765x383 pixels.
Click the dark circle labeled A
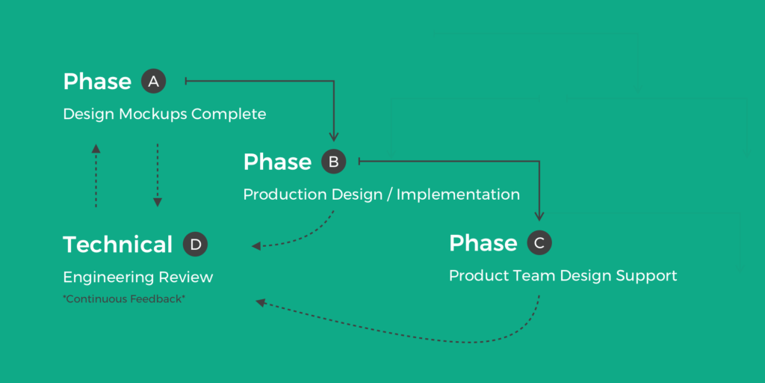coord(153,82)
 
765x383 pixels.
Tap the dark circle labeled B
coord(334,162)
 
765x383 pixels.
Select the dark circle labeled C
coord(539,242)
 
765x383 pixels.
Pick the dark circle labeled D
coord(195,244)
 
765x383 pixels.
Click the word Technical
coord(117,245)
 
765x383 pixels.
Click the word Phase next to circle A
coord(97,82)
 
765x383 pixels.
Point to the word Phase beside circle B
coord(277,162)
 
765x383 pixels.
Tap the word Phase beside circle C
coord(483,243)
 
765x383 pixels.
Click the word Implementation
coord(458,194)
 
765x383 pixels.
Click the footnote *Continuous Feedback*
coord(124,299)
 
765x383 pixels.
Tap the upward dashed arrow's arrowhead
coord(96,148)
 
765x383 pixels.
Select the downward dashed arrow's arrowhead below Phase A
coord(158,201)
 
